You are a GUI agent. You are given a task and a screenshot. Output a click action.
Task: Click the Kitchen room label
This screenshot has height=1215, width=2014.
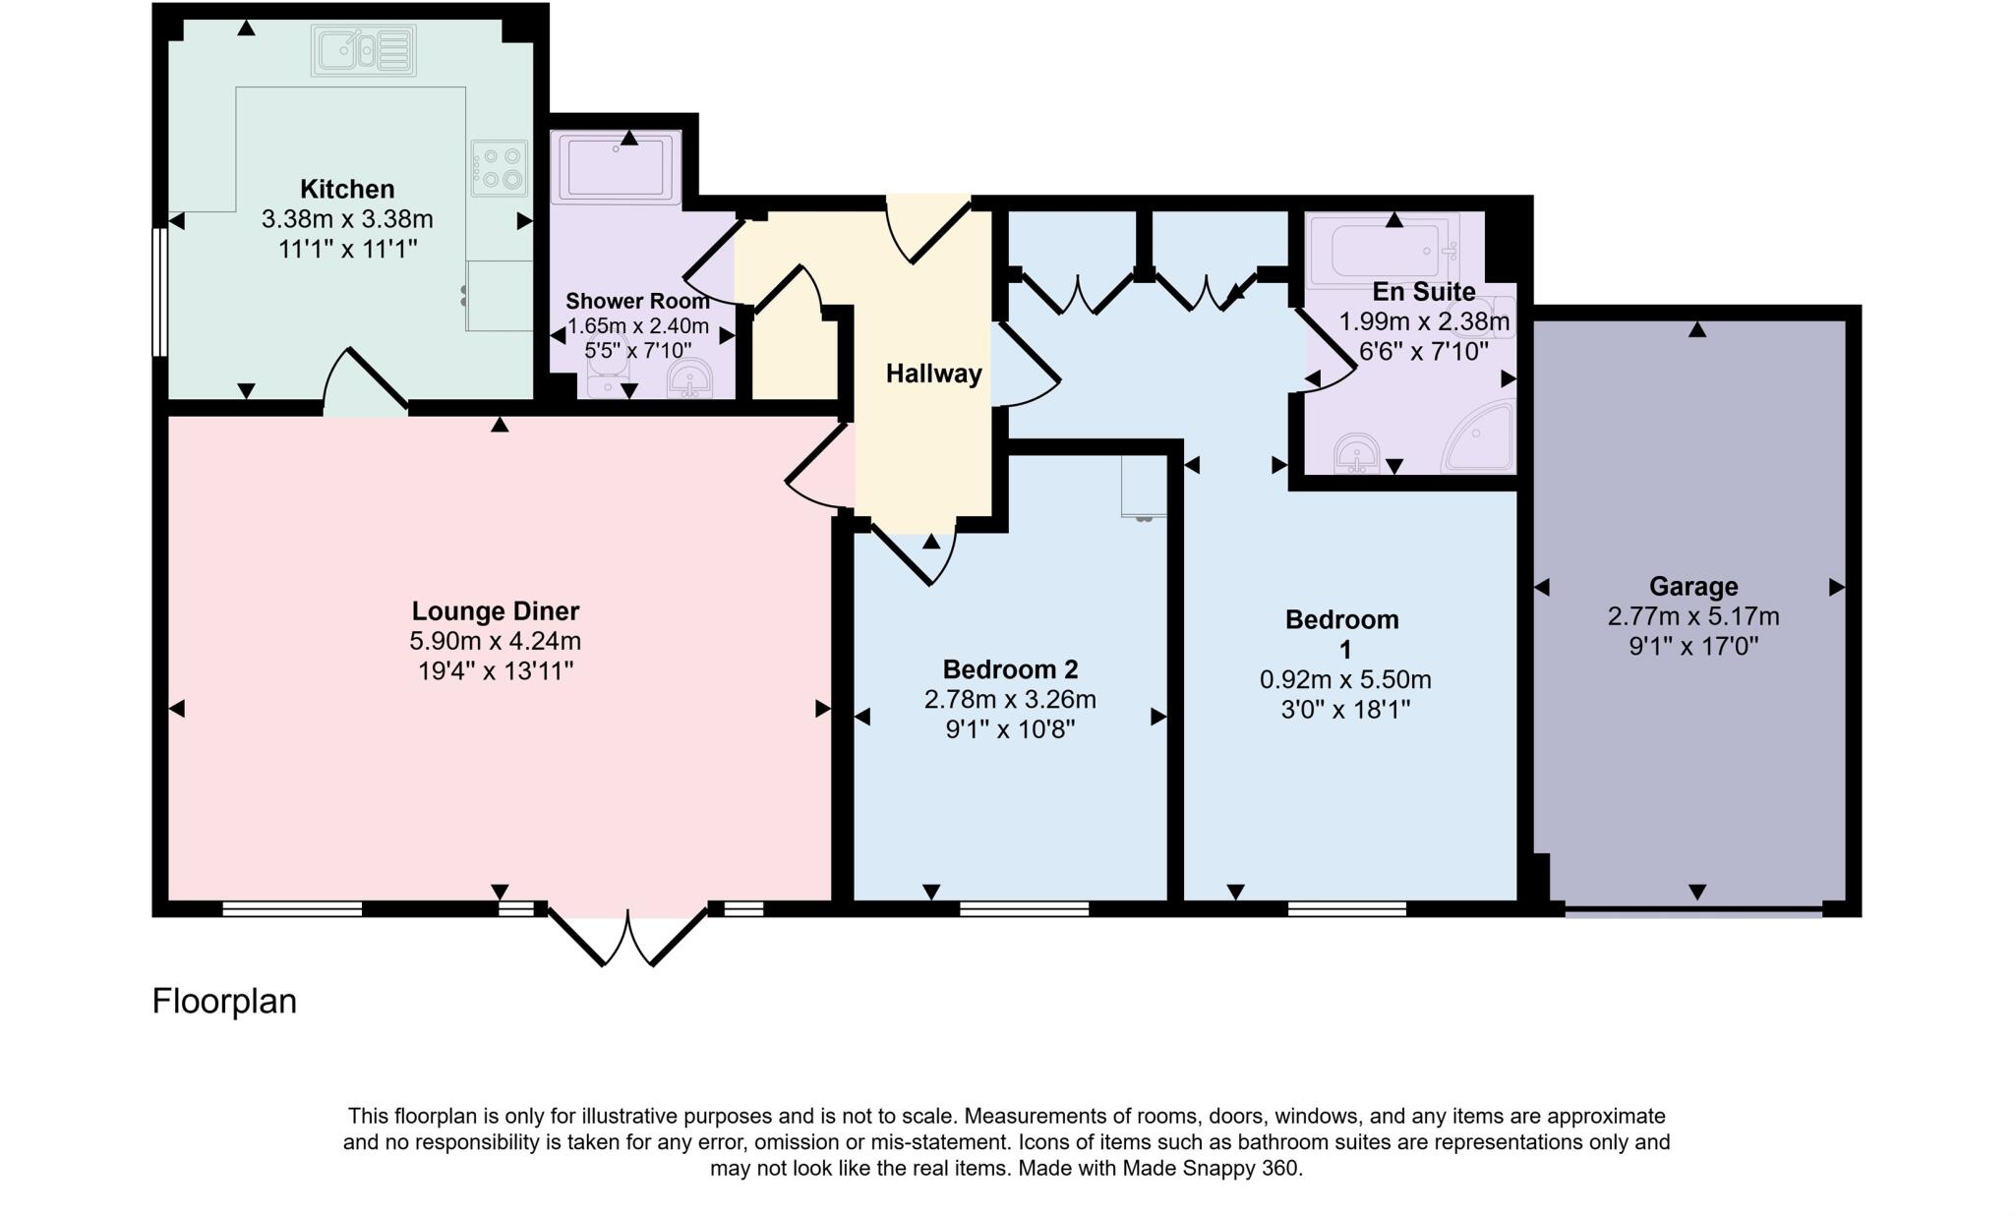346,189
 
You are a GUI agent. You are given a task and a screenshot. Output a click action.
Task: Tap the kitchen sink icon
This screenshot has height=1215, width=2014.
363,50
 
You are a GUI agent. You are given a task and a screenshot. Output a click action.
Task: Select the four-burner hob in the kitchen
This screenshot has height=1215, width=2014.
501,168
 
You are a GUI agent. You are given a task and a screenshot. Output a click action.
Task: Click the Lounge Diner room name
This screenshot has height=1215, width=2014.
495,611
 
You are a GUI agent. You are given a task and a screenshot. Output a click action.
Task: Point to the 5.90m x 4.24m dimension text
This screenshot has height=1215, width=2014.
495,642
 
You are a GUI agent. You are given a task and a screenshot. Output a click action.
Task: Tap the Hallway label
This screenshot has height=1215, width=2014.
933,374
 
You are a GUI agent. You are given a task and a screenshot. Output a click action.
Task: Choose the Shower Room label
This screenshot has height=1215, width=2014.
637,301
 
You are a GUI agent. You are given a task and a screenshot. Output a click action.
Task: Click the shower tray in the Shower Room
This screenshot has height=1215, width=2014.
617,167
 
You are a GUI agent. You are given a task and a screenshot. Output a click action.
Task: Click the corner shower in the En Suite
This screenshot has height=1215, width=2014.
1481,437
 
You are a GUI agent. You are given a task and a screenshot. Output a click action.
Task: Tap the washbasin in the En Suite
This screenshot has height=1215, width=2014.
1358,453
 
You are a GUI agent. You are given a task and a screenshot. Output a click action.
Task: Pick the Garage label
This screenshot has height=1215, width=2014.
1692,587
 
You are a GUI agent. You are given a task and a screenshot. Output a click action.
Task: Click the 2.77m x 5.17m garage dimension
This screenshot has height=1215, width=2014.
1692,617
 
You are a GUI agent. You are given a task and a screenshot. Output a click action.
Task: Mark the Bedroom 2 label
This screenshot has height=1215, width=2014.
1010,669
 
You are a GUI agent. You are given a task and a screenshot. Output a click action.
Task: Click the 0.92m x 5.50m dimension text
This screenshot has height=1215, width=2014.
1344,679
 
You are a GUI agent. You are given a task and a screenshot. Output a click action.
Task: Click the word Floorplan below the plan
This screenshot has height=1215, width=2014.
224,1002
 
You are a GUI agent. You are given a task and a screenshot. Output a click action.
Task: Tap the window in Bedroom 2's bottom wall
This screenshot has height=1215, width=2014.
1024,909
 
